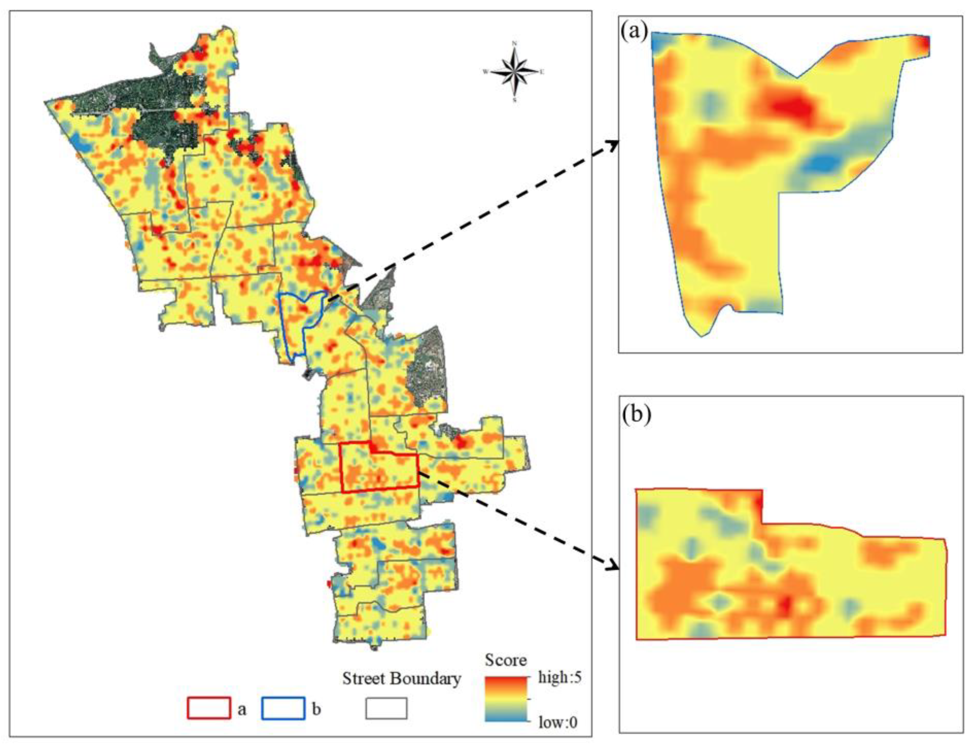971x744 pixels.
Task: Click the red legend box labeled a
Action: pos(209,709)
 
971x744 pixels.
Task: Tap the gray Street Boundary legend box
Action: pos(386,709)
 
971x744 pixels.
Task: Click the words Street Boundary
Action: pos(401,678)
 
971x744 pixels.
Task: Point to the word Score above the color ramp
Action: pos(505,660)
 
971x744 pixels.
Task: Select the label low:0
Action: pos(558,722)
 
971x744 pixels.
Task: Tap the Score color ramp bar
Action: pos(506,700)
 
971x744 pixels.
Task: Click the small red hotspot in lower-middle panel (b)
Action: pos(785,605)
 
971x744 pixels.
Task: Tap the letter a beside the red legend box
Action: pos(242,709)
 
